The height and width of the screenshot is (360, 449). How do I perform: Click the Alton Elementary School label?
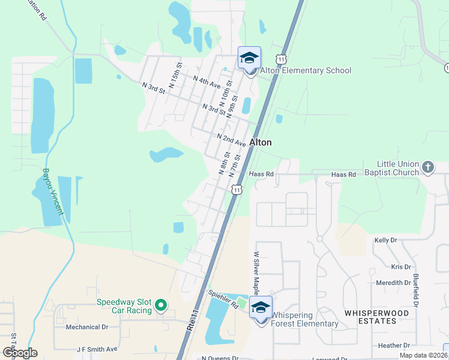point(304,71)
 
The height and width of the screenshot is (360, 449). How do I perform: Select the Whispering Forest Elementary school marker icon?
point(261,308)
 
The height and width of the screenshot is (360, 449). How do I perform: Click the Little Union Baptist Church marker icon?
point(427,167)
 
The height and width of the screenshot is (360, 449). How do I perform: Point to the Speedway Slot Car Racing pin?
point(160,306)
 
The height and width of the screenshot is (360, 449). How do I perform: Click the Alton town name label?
point(261,143)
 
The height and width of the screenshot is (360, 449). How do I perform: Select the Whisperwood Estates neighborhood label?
point(377,317)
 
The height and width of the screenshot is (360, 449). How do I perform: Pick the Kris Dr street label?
point(400,267)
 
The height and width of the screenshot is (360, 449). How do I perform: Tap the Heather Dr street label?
point(394,346)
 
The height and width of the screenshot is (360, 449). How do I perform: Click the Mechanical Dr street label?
point(87,327)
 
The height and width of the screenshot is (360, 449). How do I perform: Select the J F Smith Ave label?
point(97,349)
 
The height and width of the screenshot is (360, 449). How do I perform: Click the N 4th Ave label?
point(206,82)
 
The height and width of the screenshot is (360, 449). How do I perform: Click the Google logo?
point(20,352)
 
